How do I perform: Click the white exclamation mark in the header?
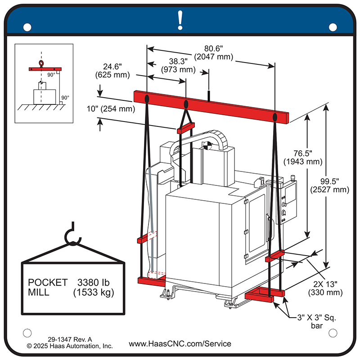tap(180, 20)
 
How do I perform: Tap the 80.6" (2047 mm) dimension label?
tap(213, 53)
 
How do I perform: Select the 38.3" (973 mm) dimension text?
tap(178, 66)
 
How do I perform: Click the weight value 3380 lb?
tap(94, 283)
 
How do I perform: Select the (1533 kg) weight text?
tap(93, 292)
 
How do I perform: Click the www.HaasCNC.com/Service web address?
tap(180, 344)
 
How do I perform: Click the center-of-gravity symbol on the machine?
tap(207, 146)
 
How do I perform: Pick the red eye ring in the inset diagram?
tap(41, 64)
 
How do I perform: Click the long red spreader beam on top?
tap(211, 107)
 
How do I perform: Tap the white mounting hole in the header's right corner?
tap(333, 27)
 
